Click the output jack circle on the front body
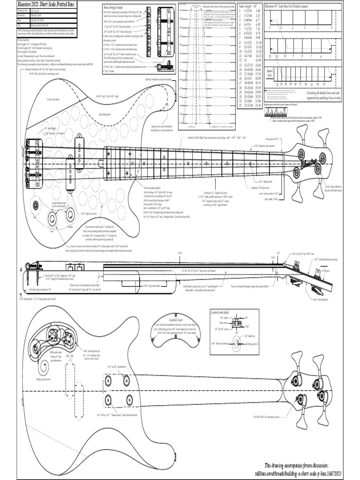(x=36, y=205)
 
